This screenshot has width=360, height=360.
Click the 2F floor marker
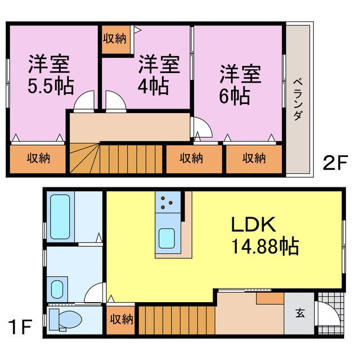(x=333, y=163)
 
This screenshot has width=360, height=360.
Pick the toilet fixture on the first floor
(x=66, y=319)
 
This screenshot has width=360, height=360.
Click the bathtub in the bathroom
(x=60, y=217)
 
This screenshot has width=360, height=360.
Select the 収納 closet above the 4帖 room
(x=115, y=39)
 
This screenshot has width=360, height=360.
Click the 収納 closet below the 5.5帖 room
(x=39, y=158)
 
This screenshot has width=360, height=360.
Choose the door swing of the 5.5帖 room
(x=85, y=102)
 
